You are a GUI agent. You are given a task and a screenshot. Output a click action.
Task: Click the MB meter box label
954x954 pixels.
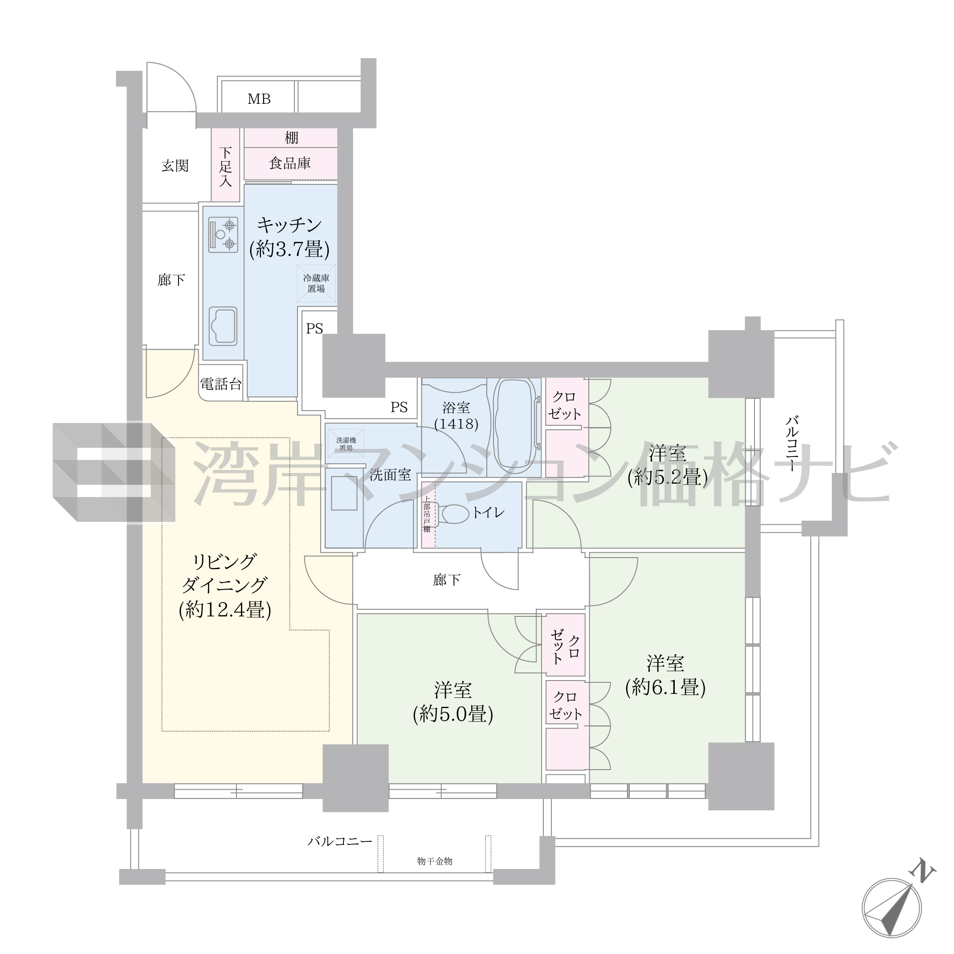[x=259, y=99]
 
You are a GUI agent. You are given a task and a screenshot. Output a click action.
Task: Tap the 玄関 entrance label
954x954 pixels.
[x=175, y=166]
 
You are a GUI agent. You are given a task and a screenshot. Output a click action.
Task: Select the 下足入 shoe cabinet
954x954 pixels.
[x=226, y=165]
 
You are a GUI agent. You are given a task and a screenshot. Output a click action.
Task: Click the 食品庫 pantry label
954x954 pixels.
[x=290, y=163]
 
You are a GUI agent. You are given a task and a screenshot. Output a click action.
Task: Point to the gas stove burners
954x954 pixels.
[x=223, y=235]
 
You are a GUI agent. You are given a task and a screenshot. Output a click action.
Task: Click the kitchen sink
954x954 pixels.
[x=223, y=326]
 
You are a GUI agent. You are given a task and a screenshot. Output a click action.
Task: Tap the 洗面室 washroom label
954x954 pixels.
[x=390, y=475]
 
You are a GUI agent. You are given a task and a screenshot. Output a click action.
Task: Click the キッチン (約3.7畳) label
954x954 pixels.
[x=289, y=237]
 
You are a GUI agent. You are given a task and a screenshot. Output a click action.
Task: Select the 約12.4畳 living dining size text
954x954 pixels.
[x=224, y=610]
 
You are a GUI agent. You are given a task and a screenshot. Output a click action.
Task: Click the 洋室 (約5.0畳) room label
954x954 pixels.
[x=453, y=702]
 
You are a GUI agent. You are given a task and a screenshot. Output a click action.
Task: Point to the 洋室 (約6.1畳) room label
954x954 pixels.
[x=665, y=675]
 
